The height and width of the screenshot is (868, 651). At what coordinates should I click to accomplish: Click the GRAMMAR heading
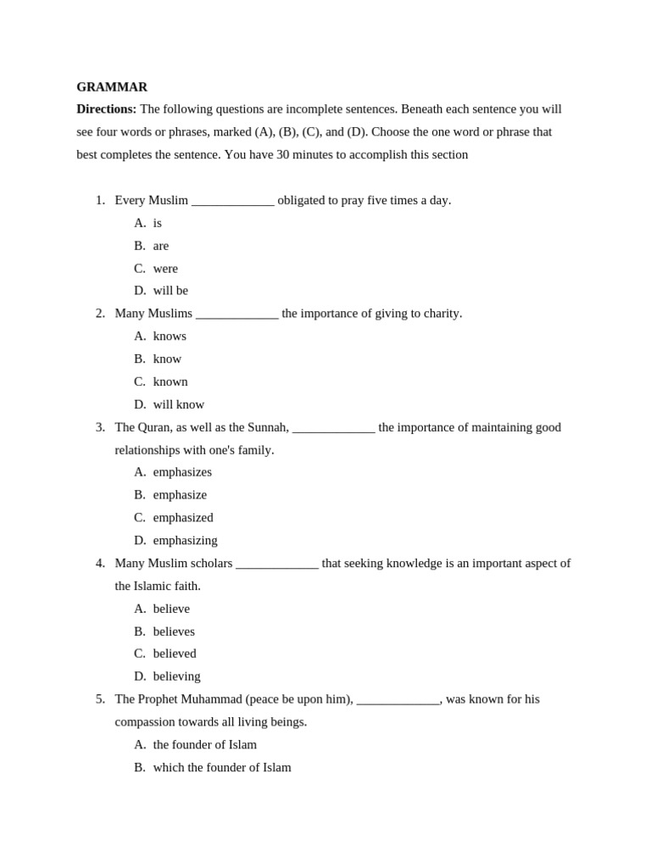tap(112, 86)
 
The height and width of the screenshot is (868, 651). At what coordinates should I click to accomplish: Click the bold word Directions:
tap(106, 109)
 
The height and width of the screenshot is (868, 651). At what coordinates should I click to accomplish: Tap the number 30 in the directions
tap(283, 154)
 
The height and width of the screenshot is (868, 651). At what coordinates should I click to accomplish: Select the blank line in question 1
tap(232, 202)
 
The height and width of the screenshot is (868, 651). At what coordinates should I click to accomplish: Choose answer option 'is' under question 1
tap(158, 223)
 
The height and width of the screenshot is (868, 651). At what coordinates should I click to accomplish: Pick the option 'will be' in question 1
tap(170, 291)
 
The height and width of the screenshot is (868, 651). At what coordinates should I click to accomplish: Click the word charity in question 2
tap(440, 314)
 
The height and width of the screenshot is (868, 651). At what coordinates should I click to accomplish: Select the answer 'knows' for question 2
tap(170, 337)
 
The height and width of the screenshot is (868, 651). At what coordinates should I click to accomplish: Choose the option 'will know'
tap(179, 404)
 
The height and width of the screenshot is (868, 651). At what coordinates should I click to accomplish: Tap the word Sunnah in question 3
tap(267, 427)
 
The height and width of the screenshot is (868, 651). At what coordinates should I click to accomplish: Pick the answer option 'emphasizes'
tap(182, 472)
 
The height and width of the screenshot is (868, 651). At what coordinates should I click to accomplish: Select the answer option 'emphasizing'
tap(185, 540)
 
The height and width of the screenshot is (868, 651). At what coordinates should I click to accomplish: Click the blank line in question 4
tap(277, 565)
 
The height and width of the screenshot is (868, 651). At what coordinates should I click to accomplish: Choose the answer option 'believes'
tap(174, 632)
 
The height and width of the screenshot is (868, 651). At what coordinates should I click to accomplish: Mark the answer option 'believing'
tap(176, 676)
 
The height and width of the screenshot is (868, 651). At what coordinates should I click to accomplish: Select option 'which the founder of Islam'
tap(222, 767)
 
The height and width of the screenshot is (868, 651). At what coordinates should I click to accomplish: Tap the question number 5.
tap(100, 699)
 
